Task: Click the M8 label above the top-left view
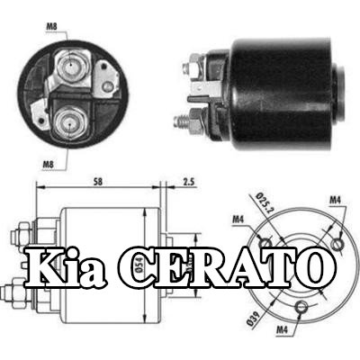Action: click(x=51, y=27)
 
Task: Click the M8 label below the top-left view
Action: click(x=48, y=164)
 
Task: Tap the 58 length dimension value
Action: click(x=97, y=182)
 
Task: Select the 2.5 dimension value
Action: click(x=188, y=182)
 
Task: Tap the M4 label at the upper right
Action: click(x=335, y=201)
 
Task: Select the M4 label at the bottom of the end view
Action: click(x=282, y=330)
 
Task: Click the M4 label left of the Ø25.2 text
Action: click(x=238, y=220)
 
